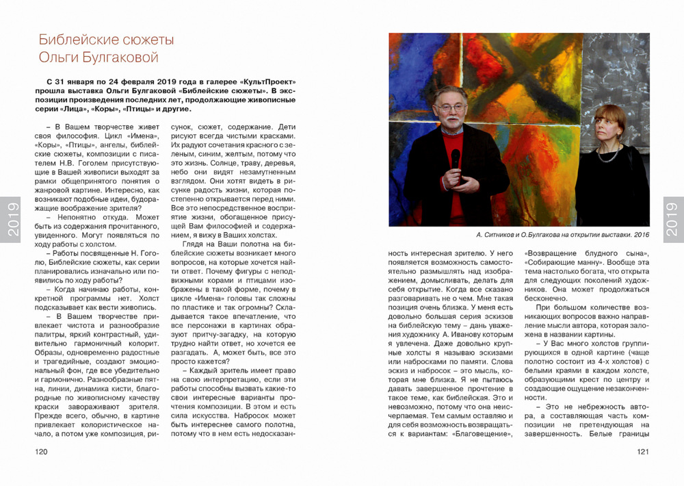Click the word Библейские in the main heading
(x=78, y=39)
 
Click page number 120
(x=41, y=452)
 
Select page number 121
(x=642, y=452)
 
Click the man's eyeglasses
(x=450, y=107)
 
